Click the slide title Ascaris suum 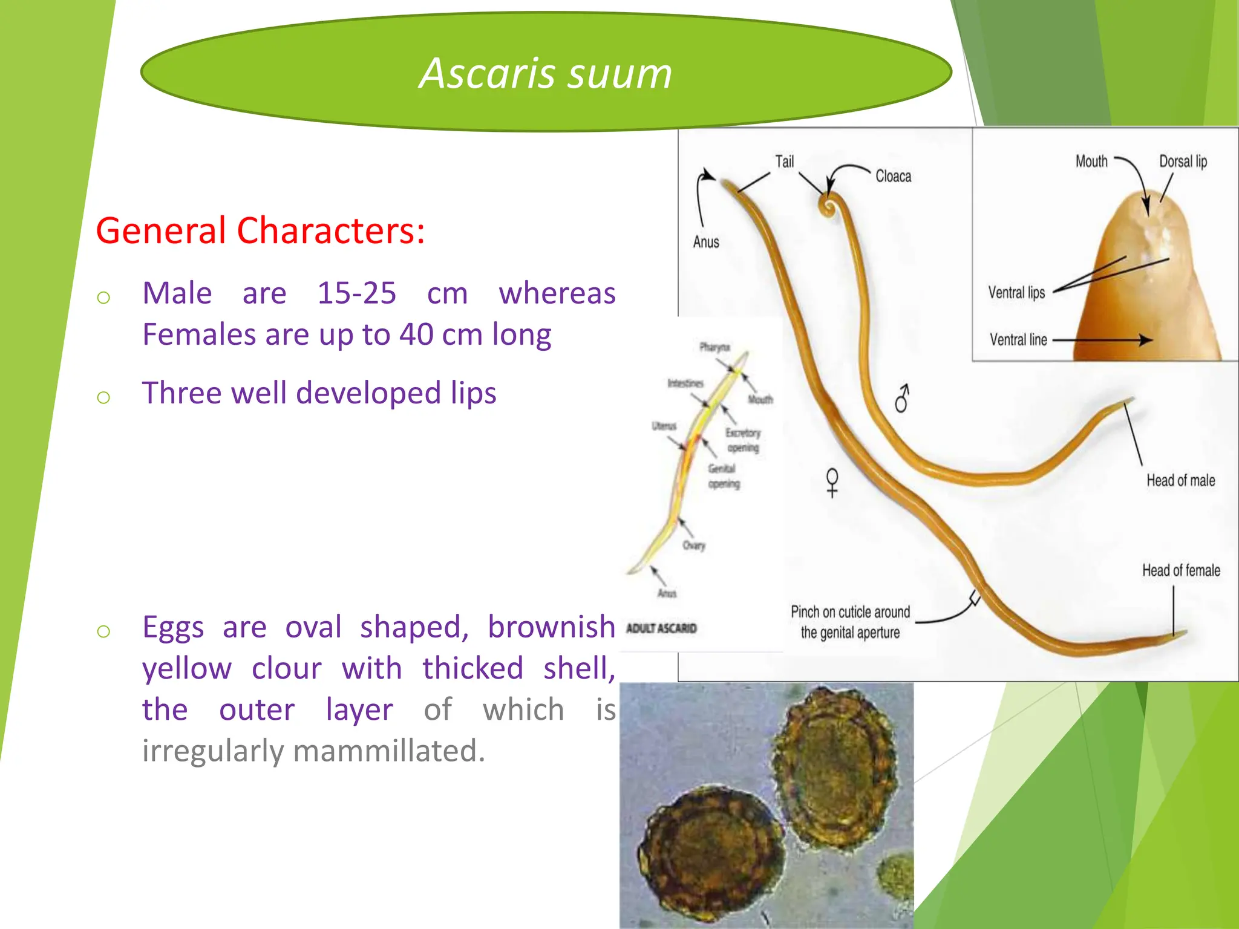tap(546, 73)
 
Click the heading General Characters tap(260, 230)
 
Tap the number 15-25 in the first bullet tap(356, 293)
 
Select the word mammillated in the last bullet tap(389, 751)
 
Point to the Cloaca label tap(893, 176)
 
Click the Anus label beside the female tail tap(706, 242)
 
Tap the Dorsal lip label tap(1183, 161)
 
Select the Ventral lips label tap(1016, 293)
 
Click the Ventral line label tap(1018, 340)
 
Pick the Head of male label tap(1180, 481)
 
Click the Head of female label tap(1181, 570)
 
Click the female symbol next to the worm tap(832, 483)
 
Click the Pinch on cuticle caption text tap(850, 622)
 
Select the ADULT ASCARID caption tap(661, 628)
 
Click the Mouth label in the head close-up tap(1091, 161)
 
